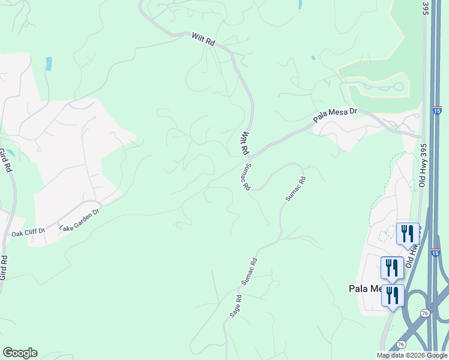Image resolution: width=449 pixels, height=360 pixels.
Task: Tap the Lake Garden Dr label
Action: point(79,219)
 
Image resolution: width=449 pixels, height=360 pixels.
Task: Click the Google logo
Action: point(20,353)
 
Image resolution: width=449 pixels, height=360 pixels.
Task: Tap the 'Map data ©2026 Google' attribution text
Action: point(412,355)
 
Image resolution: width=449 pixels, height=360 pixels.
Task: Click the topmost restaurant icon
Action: point(407,233)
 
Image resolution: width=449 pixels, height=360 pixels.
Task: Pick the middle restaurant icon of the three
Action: point(391,266)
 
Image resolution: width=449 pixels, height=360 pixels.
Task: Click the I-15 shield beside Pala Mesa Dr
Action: point(436,110)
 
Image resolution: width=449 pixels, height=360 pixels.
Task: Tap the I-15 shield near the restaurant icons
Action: point(436,253)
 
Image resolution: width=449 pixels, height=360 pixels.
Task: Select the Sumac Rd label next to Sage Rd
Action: point(249,271)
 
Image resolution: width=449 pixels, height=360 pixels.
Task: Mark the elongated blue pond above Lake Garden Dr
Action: point(49,64)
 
